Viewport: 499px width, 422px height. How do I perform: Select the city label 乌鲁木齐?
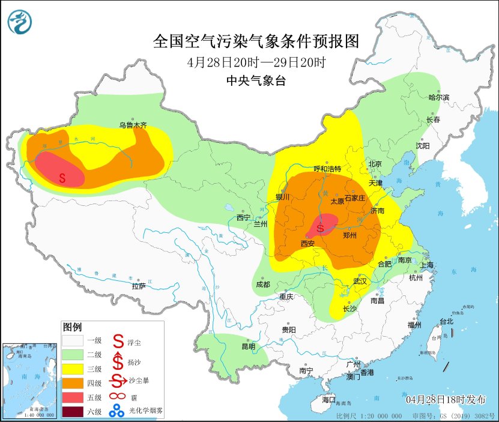pyautogui.click(x=132, y=125)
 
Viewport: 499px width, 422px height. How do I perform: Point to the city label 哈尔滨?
pyautogui.click(x=438, y=97)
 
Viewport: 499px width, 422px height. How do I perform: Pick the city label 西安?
pyautogui.click(x=307, y=243)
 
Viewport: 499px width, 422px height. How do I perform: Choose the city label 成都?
pyautogui.click(x=263, y=284)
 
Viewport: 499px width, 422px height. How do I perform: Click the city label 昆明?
pyautogui.click(x=248, y=346)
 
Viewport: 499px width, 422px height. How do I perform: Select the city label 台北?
pyautogui.click(x=447, y=321)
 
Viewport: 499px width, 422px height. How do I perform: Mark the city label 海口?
pyautogui.click(x=328, y=400)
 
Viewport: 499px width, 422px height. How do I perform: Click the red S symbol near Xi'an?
pyautogui.click(x=321, y=228)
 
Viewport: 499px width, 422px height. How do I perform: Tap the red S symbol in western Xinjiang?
pyautogui.click(x=62, y=177)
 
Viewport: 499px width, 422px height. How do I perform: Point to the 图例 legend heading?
pyautogui.click(x=72, y=327)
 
